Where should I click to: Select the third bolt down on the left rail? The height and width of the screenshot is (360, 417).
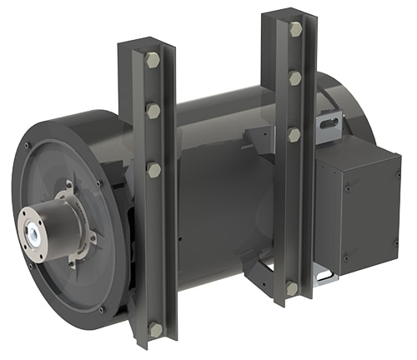pos(154,170)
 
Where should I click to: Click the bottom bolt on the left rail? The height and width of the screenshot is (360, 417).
pos(155,330)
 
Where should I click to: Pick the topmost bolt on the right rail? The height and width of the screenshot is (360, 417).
pos(295,29)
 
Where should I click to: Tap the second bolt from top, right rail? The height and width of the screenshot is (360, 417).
pos(295,78)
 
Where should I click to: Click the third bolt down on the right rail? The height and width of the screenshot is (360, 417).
pos(294,134)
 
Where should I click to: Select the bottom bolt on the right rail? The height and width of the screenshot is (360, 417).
pos(292,288)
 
